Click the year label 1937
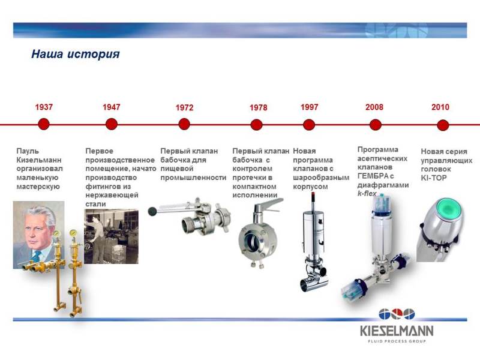(x=44, y=107)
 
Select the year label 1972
(x=184, y=108)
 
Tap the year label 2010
(x=440, y=107)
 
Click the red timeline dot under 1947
(x=112, y=124)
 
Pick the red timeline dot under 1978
(x=257, y=125)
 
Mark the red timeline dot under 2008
(x=376, y=125)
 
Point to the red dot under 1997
(x=309, y=125)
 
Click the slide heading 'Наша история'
(x=76, y=54)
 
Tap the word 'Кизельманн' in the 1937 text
(x=39, y=160)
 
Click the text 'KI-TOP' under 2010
(x=434, y=178)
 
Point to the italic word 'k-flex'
(x=367, y=193)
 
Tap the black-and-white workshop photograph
(x=111, y=236)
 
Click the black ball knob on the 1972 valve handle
(x=152, y=211)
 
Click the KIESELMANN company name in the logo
(x=397, y=331)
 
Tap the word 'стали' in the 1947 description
(x=95, y=204)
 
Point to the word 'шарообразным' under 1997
(x=321, y=178)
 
